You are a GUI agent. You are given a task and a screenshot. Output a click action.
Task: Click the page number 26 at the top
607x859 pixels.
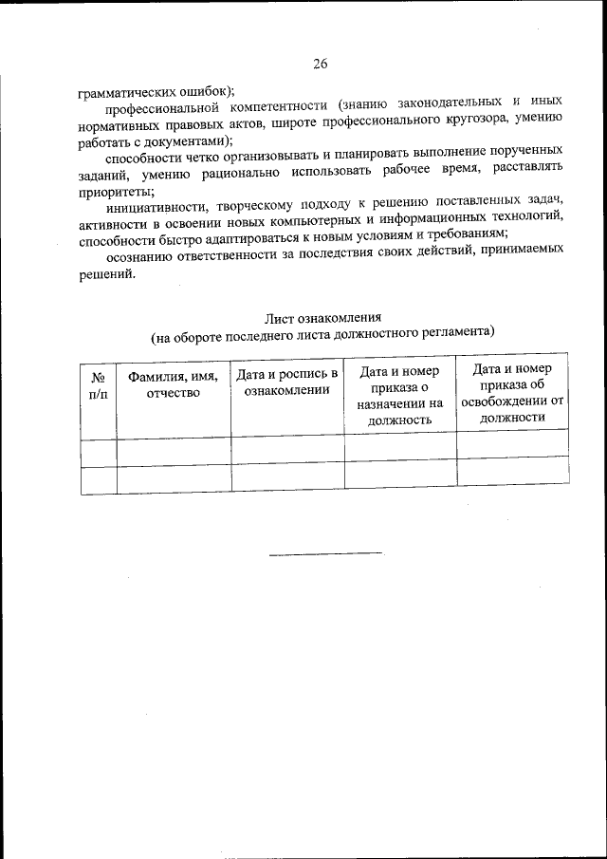pos(320,65)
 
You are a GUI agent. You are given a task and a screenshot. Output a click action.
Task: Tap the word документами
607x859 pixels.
pos(182,138)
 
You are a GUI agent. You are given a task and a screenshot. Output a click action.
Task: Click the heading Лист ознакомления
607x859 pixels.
pos(322,317)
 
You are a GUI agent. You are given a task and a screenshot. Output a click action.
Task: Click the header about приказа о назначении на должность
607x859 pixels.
pos(400,393)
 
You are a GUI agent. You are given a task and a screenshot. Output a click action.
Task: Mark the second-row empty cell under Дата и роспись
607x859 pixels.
pos(287,478)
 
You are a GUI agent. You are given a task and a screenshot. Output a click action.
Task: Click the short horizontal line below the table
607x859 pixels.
pos(325,553)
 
